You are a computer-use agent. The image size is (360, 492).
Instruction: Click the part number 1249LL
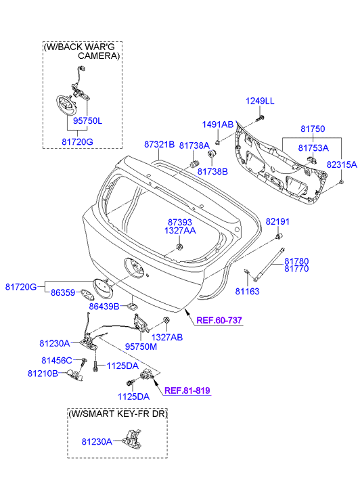point(260,101)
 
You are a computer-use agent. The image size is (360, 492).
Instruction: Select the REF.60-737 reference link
point(219,320)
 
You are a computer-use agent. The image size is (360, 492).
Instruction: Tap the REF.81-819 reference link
point(187,390)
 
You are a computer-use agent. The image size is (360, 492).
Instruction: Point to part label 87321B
point(159,144)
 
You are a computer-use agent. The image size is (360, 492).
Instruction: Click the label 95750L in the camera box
point(87,121)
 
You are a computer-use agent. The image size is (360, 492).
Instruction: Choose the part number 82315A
point(342,164)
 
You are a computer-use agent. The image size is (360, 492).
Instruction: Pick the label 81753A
point(313,148)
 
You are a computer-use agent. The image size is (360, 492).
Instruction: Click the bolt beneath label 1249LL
point(261,118)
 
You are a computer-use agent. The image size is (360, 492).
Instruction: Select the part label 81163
point(247,291)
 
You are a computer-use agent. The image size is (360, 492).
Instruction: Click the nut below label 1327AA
point(179,247)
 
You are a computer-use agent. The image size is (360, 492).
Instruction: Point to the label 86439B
point(104,307)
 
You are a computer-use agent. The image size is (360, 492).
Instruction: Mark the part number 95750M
point(141,346)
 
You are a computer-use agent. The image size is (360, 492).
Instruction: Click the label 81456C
point(57,361)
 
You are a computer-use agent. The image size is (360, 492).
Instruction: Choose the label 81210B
point(43,374)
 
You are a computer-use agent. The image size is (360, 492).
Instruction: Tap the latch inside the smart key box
point(131,438)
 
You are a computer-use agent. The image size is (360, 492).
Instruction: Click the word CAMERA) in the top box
point(99,56)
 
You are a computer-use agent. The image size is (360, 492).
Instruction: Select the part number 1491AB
point(218,125)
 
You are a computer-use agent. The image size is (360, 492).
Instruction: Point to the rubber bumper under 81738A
point(195,164)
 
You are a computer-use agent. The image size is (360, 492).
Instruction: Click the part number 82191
point(277,221)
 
